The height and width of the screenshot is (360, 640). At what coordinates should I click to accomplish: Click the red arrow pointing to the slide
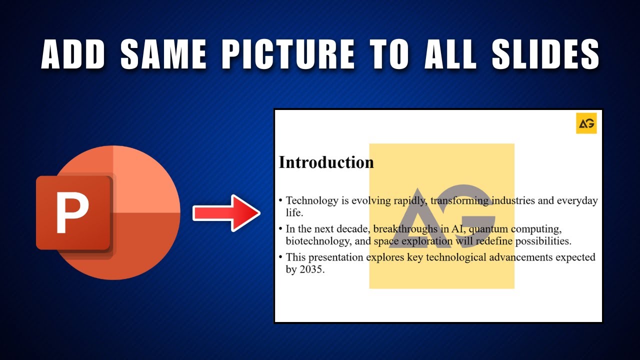[x=226, y=213]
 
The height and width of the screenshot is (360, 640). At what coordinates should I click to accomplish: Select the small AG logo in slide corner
[x=586, y=123]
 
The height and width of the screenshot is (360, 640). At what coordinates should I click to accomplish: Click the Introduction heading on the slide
[x=326, y=162]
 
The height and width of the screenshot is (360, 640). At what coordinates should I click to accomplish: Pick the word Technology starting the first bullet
[x=312, y=201]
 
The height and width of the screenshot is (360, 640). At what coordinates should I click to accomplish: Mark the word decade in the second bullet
[x=351, y=229]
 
